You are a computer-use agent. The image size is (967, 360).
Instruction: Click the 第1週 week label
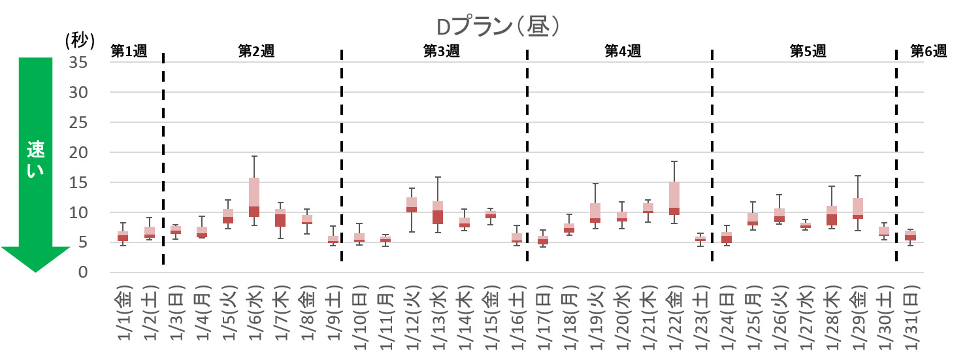tap(129, 52)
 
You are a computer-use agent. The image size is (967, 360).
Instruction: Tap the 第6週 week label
tap(928, 52)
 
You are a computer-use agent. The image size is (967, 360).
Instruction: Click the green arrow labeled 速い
tap(35, 163)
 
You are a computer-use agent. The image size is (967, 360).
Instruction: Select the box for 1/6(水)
tap(254, 197)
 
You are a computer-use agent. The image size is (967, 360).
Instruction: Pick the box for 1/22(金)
tap(674, 198)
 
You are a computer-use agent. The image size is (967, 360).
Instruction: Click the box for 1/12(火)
tap(412, 205)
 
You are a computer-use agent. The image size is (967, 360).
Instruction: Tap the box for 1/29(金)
tap(857, 208)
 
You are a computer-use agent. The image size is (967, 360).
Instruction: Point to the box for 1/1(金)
tap(123, 236)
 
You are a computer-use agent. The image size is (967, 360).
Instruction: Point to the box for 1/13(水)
tap(438, 212)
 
